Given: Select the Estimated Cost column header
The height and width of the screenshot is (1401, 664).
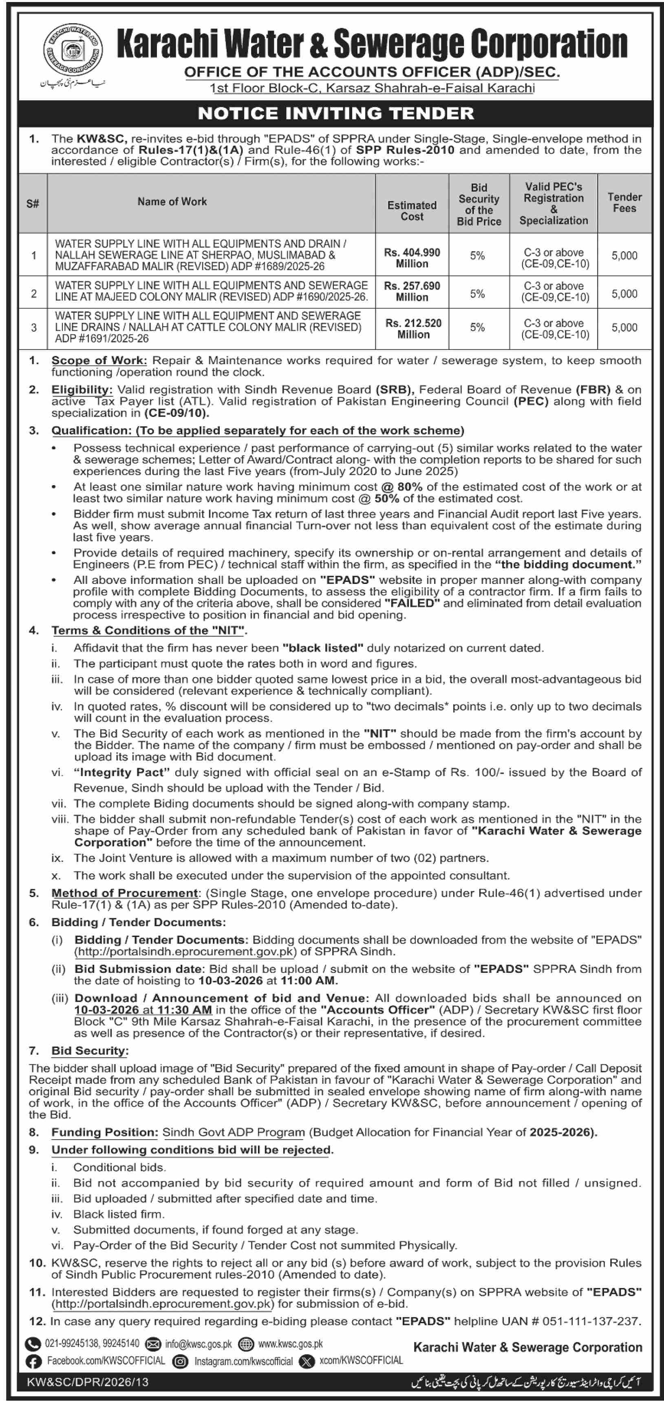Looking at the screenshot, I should tap(412, 210).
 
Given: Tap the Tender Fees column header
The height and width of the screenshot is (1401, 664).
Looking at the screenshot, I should tap(624, 203).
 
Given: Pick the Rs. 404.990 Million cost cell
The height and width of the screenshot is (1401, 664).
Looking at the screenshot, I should tap(412, 258).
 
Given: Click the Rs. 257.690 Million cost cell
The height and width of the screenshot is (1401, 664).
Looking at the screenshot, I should tap(412, 292).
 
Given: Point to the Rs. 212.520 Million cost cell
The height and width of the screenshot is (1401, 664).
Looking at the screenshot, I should tap(413, 329).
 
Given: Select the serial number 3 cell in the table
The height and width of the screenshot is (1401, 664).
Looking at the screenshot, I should tap(34, 327).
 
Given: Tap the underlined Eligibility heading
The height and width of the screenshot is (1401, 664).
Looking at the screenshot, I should tap(82, 389).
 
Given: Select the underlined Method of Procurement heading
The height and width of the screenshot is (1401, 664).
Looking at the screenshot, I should tap(125, 893).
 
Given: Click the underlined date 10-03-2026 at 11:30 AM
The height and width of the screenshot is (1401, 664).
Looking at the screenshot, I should tap(143, 1010).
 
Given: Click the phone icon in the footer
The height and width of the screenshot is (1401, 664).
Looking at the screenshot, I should tap(33, 1344).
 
